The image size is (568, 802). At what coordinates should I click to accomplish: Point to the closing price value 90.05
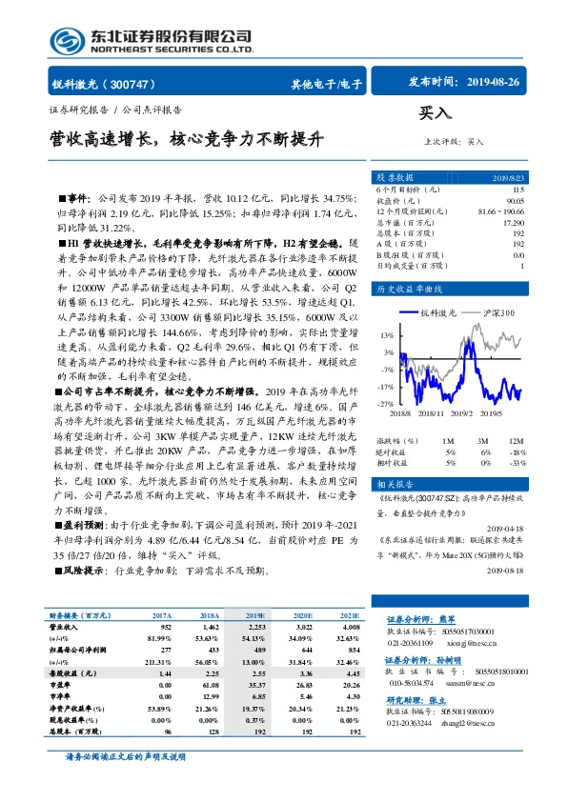pos(515,200)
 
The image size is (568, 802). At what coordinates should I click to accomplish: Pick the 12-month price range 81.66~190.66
pos(503,211)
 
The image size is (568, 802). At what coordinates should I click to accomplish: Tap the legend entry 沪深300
pos(497,312)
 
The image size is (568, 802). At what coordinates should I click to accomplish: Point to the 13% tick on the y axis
pos(387,335)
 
